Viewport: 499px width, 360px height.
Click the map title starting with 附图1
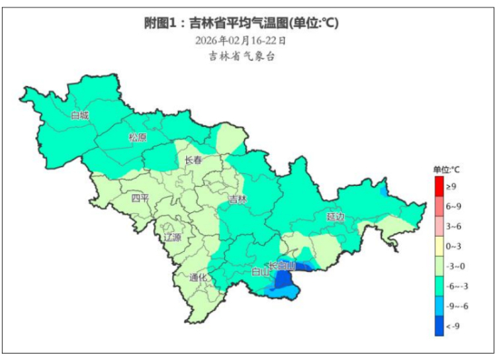point(248,22)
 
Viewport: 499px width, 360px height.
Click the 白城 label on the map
point(81,116)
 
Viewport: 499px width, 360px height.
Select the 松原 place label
point(137,138)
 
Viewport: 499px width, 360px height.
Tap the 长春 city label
point(193,161)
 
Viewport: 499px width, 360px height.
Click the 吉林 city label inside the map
point(237,199)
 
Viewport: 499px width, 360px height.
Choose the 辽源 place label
point(171,238)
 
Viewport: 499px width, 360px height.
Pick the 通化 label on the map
point(201,277)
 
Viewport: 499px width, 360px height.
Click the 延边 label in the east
point(337,217)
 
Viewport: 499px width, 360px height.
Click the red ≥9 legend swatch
point(439,187)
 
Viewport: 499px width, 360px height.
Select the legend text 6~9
point(454,206)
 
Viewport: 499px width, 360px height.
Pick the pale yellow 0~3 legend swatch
point(439,246)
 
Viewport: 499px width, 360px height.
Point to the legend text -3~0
point(455,266)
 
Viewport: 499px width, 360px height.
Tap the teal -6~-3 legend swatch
point(439,286)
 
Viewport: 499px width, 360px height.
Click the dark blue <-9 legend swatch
point(439,326)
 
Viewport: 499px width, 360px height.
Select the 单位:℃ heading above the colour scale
point(445,170)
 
